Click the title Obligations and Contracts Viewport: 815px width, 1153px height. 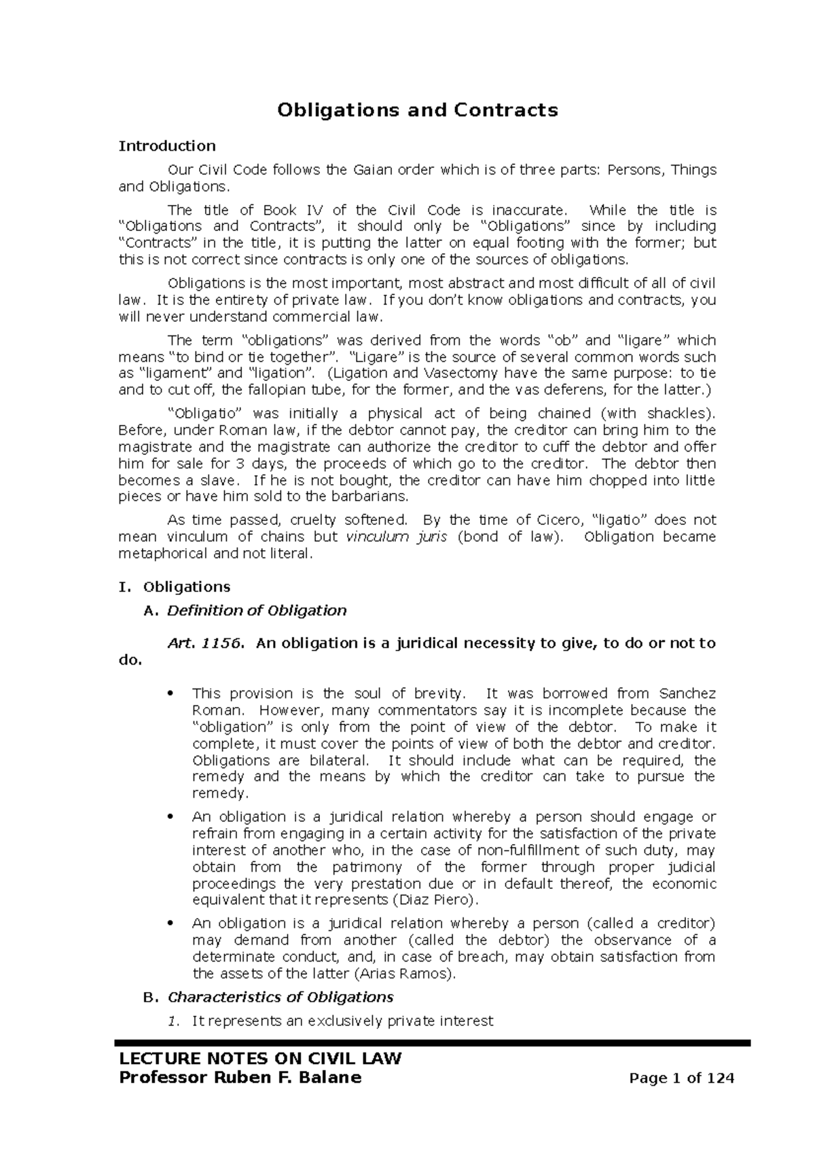click(417, 110)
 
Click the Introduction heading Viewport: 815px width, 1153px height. click(167, 146)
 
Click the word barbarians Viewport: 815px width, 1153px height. click(375, 496)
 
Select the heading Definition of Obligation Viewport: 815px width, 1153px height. click(257, 610)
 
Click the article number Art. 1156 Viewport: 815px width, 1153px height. click(204, 643)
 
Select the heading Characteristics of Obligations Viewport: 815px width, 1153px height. click(280, 998)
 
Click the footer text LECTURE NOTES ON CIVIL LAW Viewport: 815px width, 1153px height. click(260, 1059)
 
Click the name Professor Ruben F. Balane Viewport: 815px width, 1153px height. click(240, 1078)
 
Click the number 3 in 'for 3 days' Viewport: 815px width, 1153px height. click(232, 464)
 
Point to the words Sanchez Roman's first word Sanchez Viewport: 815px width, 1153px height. click(687, 694)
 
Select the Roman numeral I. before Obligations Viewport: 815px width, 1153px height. click(124, 587)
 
